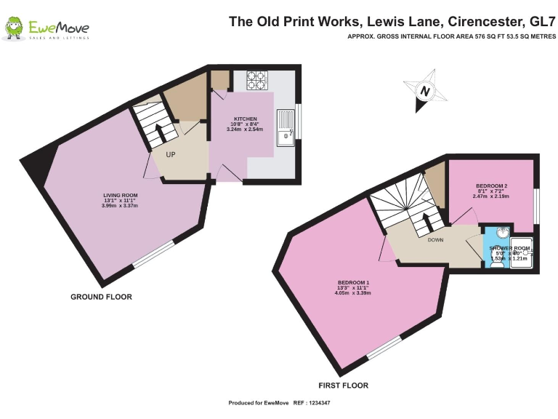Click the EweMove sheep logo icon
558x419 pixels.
tap(13, 28)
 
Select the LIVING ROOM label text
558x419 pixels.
tap(119, 195)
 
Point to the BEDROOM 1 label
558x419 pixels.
tap(353, 282)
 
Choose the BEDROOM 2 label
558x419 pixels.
tap(490, 185)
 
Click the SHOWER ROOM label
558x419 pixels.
tap(511, 249)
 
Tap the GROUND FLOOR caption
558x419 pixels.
tap(101, 297)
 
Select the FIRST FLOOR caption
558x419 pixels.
tap(343, 386)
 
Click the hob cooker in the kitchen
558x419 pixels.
tap(256, 79)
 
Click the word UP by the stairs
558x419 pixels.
tap(170, 154)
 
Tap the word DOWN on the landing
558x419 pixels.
tap(435, 239)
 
